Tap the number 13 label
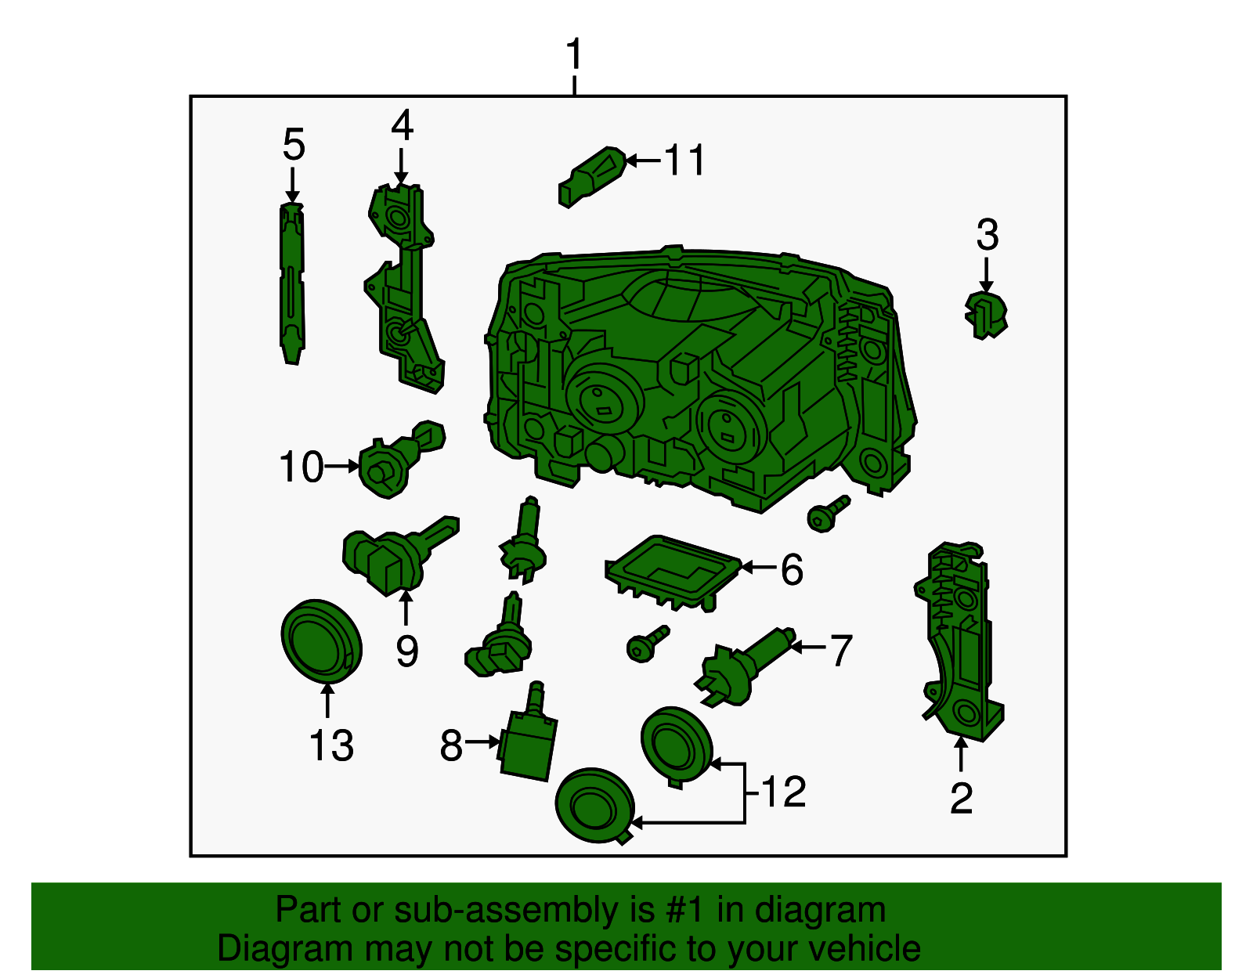[x=330, y=745]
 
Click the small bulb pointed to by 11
[x=591, y=176]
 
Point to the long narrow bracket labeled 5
[x=292, y=282]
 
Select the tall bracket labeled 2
[x=959, y=642]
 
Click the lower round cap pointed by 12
[x=593, y=805]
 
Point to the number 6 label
[x=792, y=569]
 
